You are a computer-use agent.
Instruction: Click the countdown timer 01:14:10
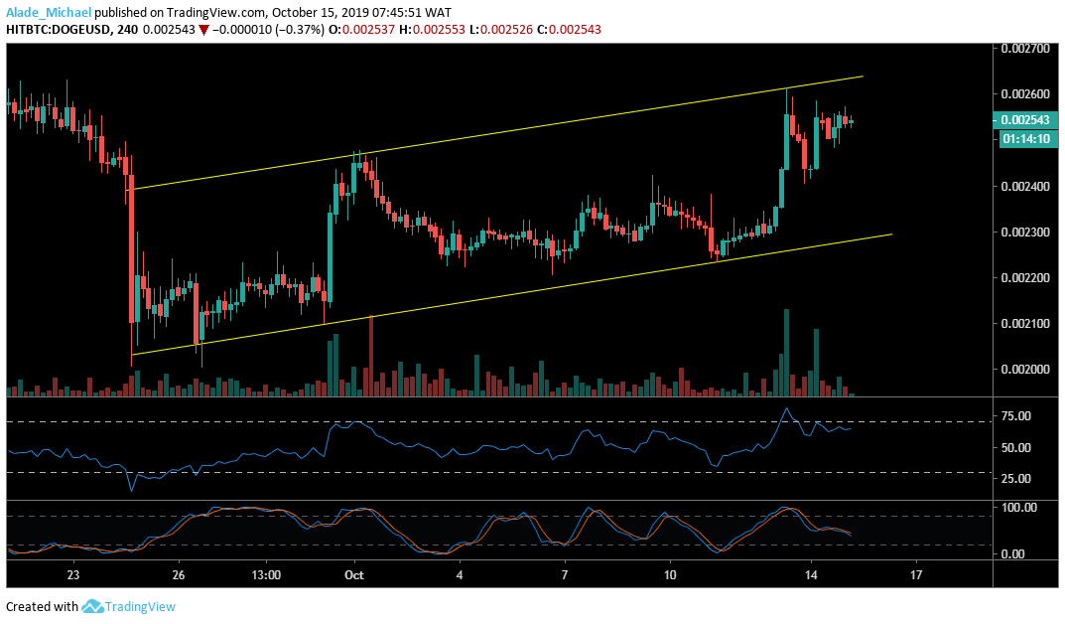[1020, 138]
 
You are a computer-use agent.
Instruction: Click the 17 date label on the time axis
[916, 574]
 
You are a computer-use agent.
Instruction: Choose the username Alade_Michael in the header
[49, 13]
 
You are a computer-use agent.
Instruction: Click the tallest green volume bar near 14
[786, 353]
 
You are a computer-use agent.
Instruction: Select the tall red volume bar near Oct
[371, 356]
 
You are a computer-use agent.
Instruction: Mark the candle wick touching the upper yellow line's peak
[787, 92]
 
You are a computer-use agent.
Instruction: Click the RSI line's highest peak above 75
[787, 408]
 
